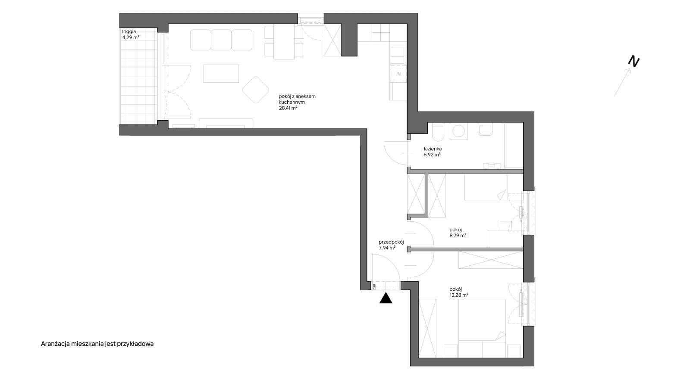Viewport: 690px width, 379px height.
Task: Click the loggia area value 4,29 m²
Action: pos(131,37)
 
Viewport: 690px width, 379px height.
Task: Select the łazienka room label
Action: pos(433,149)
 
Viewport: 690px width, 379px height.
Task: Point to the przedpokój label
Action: pos(391,242)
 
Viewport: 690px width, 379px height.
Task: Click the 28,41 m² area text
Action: pos(288,108)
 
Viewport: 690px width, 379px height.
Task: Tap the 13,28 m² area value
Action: pos(459,295)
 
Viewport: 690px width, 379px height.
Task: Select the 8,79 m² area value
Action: pos(458,236)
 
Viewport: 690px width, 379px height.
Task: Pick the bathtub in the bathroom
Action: pos(513,146)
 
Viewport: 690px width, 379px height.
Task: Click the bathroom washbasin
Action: pos(486,130)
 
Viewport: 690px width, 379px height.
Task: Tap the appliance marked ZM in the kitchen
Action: pos(398,74)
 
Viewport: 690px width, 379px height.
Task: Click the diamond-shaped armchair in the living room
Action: pos(256,90)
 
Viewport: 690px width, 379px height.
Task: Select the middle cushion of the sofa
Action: pos(221,40)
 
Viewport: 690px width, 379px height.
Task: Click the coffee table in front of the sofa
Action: pos(221,74)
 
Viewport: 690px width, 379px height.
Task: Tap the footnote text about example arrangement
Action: pos(97,344)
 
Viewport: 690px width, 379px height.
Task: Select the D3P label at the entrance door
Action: pos(375,287)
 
